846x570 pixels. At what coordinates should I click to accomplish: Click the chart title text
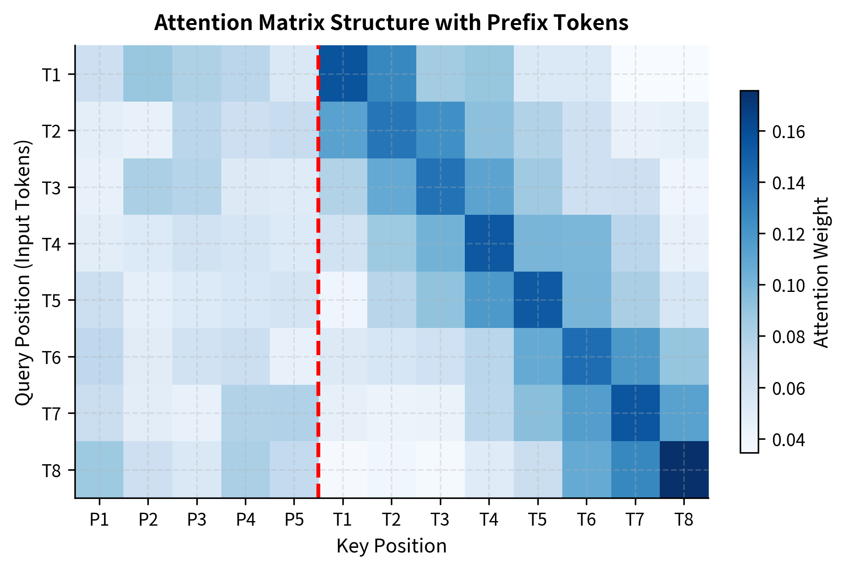[x=391, y=23]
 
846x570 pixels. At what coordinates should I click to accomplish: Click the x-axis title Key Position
[x=391, y=546]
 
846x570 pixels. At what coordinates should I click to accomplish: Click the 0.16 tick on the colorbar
[x=788, y=132]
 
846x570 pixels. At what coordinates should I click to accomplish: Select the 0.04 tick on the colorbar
[x=788, y=440]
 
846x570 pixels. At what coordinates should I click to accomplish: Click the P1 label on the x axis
[x=99, y=520]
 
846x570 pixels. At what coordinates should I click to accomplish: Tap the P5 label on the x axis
[x=294, y=520]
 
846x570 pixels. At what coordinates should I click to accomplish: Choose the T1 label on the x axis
[x=343, y=520]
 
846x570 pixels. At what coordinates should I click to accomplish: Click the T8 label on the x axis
[x=684, y=520]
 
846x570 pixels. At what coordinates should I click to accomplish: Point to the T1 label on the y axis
[x=51, y=74]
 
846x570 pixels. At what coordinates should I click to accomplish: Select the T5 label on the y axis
[x=51, y=300]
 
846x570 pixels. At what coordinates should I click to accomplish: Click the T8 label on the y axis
[x=51, y=470]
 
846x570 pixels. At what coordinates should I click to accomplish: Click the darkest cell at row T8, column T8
[x=684, y=470]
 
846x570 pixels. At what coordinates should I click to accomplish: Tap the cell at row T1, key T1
[x=343, y=74]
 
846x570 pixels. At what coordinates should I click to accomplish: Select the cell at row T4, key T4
[x=489, y=243]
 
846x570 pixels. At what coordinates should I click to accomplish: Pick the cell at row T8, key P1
[x=99, y=470]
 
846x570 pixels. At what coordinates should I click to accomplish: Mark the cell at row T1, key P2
[x=148, y=74]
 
